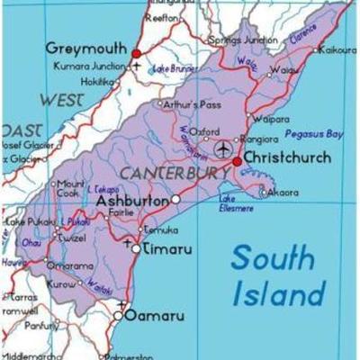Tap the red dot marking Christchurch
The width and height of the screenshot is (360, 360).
(237, 162)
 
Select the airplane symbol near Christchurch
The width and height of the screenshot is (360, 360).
(223, 147)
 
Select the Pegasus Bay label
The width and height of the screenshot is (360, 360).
(313, 133)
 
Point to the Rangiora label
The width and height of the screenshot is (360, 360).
(260, 139)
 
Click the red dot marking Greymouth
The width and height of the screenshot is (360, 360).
(137, 53)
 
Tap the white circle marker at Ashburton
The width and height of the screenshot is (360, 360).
(176, 199)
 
